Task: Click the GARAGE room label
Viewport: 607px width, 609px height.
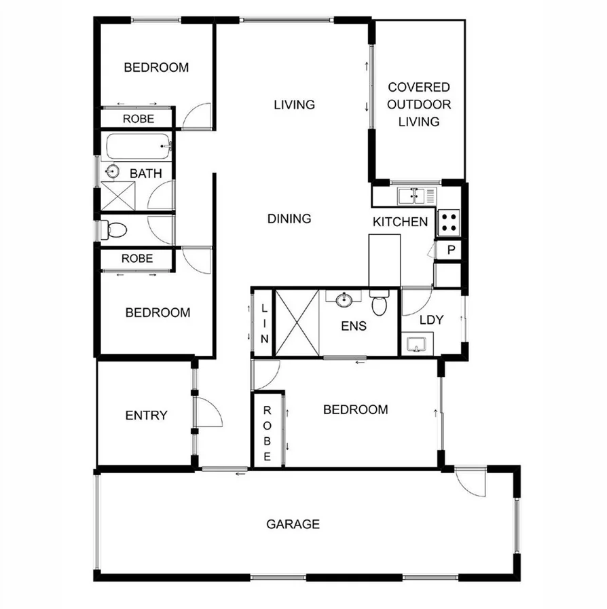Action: click(293, 524)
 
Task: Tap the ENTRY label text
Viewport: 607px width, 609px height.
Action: click(146, 416)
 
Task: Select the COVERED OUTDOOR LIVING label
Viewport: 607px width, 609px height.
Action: click(418, 105)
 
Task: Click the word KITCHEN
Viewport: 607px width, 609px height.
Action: click(400, 221)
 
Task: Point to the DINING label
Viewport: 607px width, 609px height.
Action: click(289, 219)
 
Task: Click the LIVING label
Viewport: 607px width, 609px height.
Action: click(294, 105)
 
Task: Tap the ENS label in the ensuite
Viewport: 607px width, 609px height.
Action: click(353, 326)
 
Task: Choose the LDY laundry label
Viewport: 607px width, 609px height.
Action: click(431, 320)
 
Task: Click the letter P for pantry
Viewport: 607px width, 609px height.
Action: click(449, 251)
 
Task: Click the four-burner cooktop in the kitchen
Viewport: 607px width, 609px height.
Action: click(449, 221)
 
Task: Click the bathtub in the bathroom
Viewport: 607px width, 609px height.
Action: click(136, 146)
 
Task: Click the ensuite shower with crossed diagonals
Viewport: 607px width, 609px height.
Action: click(296, 322)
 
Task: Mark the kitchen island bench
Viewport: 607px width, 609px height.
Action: click(384, 260)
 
